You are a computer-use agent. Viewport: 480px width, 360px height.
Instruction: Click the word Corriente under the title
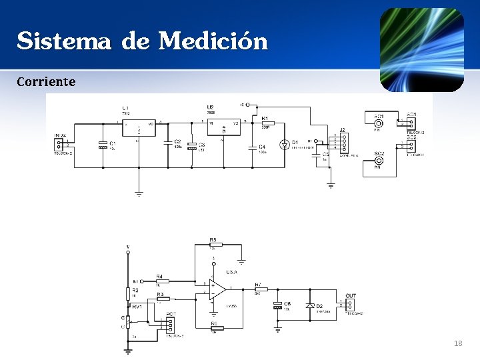46,82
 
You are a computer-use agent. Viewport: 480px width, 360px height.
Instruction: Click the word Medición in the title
213,42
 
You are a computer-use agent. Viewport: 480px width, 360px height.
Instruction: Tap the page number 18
457,343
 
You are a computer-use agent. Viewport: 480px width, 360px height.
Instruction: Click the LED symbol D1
285,144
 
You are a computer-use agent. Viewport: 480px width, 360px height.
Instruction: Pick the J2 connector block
343,143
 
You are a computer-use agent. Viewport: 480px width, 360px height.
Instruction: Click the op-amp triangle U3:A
217,288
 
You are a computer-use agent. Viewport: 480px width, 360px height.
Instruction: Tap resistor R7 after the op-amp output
261,289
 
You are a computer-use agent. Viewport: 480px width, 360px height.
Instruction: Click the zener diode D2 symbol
309,305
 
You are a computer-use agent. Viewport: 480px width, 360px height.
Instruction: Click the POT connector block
171,325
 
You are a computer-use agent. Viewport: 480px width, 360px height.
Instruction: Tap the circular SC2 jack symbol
379,161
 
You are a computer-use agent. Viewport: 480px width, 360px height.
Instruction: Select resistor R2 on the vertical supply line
128,293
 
